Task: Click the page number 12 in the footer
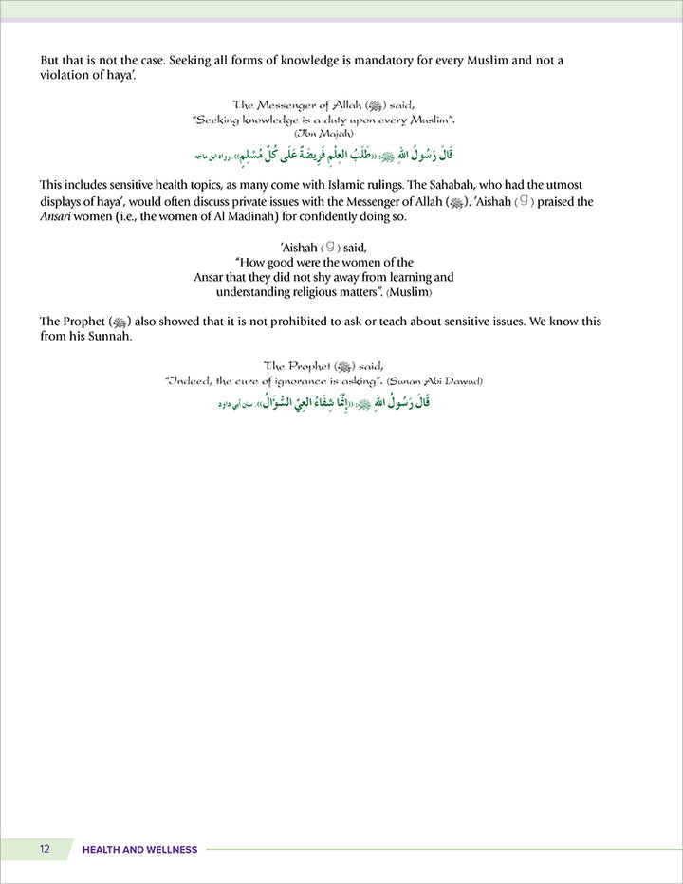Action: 45,849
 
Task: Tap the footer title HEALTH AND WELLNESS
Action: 139,849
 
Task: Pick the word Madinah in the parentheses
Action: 286,218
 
